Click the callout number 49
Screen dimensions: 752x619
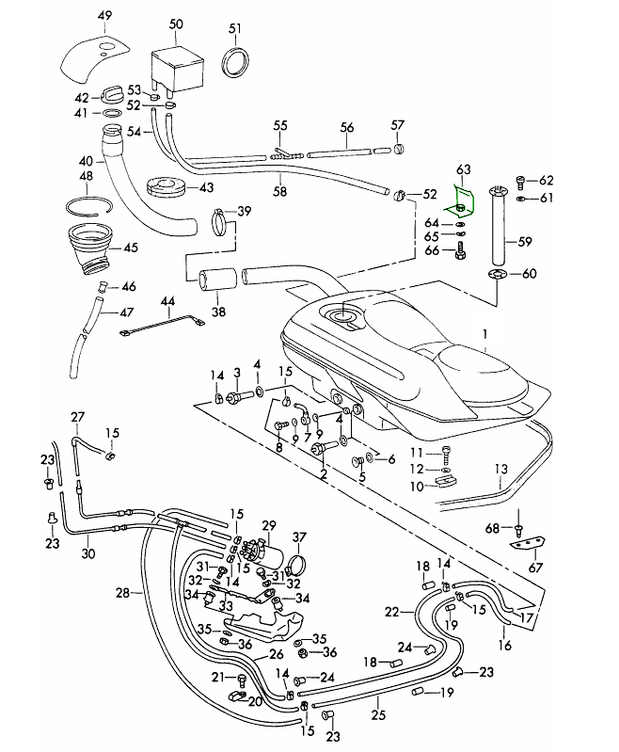point(104,17)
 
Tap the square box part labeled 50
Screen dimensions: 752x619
point(175,69)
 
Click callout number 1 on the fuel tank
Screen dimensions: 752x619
point(485,334)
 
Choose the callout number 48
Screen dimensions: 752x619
point(86,176)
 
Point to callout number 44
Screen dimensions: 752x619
point(167,301)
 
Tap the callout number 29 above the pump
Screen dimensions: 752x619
point(268,525)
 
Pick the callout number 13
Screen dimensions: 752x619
point(500,469)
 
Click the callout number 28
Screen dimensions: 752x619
point(121,593)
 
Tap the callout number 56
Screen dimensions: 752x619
point(346,127)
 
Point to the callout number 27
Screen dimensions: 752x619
point(77,417)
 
